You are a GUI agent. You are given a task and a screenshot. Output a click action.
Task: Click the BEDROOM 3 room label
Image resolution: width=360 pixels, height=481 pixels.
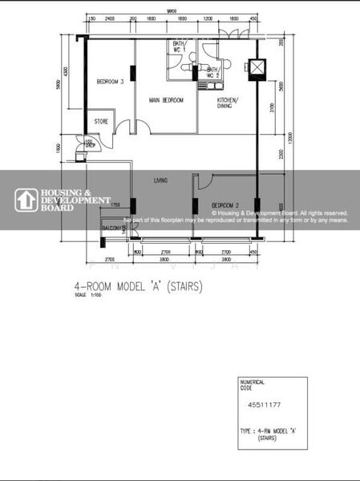pos(111,82)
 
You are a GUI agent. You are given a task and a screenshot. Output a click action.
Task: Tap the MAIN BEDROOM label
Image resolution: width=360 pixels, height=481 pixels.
pos(166,100)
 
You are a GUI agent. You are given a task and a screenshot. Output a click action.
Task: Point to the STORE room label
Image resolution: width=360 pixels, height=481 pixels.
pos(101,121)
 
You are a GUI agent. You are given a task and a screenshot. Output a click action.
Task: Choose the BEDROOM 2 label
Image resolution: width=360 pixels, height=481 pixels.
pos(227,206)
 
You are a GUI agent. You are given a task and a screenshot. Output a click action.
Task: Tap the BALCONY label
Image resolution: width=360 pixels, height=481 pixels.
pos(111,229)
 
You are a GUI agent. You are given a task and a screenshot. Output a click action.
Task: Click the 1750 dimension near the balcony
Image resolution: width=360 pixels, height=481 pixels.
pos(115,205)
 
